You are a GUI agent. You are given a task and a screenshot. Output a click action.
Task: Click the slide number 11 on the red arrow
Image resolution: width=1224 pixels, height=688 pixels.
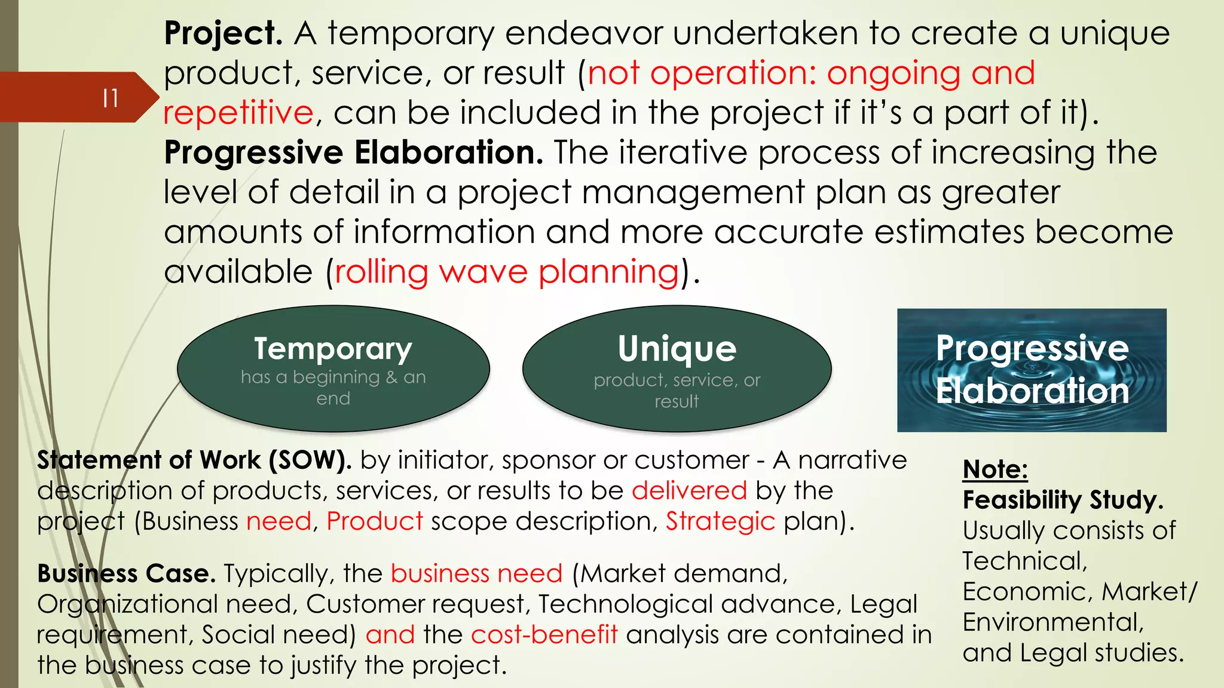click(111, 98)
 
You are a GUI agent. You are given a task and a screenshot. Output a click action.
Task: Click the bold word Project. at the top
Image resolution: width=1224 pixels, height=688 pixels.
click(223, 33)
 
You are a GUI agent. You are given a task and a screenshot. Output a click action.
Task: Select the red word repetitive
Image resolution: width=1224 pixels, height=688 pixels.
click(238, 113)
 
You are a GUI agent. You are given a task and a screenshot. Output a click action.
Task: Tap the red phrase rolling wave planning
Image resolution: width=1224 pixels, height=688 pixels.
click(507, 272)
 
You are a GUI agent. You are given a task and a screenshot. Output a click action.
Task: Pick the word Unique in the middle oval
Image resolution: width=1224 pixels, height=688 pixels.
click(677, 349)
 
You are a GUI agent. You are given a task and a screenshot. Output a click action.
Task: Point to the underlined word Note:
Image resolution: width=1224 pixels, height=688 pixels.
click(995, 469)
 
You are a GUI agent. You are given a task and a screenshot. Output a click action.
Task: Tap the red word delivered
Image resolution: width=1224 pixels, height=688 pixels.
click(689, 491)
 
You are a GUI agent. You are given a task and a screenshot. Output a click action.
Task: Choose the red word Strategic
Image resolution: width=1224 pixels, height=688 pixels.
click(720, 521)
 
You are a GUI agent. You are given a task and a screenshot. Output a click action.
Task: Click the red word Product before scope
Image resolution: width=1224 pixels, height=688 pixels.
click(375, 521)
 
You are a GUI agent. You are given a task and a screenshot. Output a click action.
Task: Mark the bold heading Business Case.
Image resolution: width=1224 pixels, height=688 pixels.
click(126, 574)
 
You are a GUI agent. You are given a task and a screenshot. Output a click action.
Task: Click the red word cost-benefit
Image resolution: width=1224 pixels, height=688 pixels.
click(544, 635)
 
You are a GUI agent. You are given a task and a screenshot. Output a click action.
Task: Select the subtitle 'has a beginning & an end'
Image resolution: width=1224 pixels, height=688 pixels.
click(333, 388)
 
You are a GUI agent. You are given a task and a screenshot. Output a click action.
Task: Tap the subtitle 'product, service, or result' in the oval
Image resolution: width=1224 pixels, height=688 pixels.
click(677, 391)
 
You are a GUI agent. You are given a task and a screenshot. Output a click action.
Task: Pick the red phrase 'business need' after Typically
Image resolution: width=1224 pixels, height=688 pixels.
click(476, 574)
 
